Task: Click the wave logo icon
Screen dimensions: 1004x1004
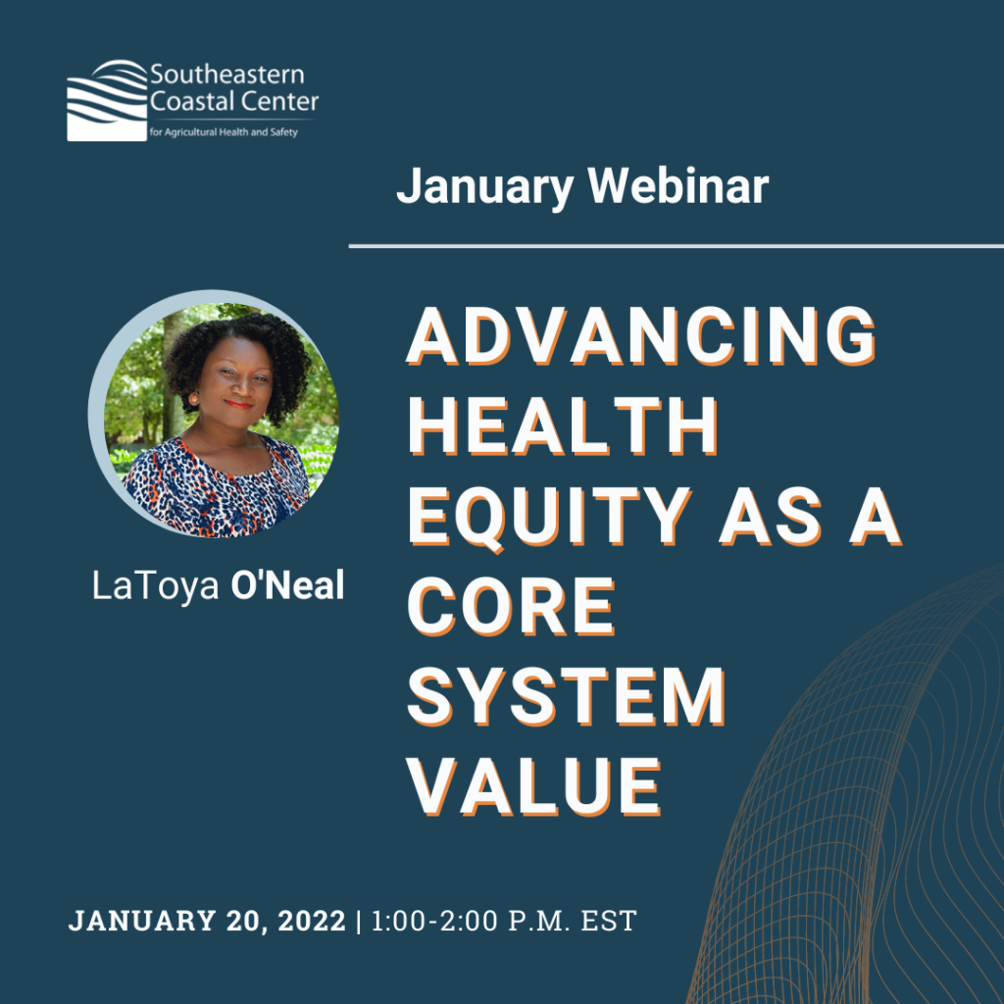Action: pos(107,101)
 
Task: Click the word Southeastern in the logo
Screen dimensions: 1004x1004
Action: pos(227,75)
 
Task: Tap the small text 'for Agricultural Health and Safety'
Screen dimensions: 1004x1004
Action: pos(224,132)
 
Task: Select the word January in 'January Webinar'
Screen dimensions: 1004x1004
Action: pos(484,187)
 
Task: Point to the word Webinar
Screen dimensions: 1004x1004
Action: pos(678,185)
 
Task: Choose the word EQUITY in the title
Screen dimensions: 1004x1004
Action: pos(550,517)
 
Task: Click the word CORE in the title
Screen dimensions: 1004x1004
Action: pos(511,606)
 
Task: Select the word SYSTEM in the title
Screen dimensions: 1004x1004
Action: pos(566,696)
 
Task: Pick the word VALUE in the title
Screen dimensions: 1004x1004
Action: pos(534,786)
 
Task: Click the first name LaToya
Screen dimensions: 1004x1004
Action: pos(156,586)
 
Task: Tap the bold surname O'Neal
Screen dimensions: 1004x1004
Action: pos(287,584)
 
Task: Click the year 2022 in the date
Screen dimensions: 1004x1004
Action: pos(312,921)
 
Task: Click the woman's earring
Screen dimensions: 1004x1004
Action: pos(193,400)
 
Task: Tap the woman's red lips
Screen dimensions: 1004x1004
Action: pos(238,404)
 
